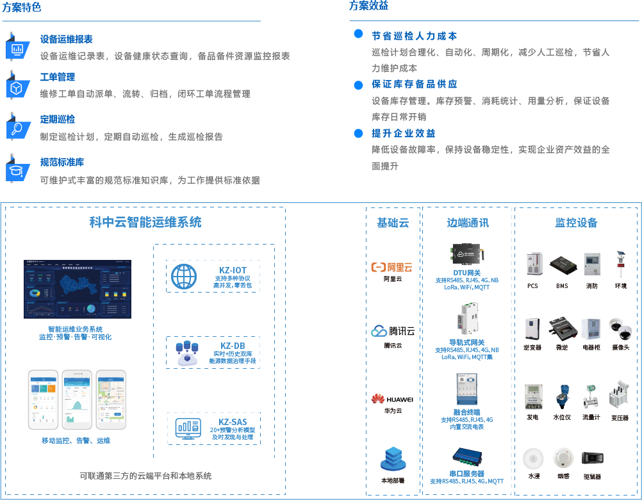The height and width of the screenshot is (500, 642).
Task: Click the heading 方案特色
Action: [21, 8]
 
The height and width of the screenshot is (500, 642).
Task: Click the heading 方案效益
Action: [368, 6]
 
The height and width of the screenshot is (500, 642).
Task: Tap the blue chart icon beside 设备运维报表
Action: [17, 47]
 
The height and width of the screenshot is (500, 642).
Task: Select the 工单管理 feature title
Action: [57, 77]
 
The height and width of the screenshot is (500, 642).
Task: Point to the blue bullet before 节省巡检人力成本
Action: [359, 34]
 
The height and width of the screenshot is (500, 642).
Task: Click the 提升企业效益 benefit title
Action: [403, 133]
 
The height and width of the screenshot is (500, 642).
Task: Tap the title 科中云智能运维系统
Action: [145, 222]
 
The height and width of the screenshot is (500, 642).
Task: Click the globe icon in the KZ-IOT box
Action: [184, 276]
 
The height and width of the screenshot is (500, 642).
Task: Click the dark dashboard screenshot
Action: [78, 289]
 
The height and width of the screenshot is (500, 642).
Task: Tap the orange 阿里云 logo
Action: [393, 267]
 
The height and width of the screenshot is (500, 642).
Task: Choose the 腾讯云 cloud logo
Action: [393, 331]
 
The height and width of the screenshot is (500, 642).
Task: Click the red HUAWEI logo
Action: [392, 399]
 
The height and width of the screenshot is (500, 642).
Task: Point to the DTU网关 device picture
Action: [466, 254]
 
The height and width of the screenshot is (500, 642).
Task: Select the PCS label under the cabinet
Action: [532, 286]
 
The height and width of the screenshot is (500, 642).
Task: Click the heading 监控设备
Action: [576, 223]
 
